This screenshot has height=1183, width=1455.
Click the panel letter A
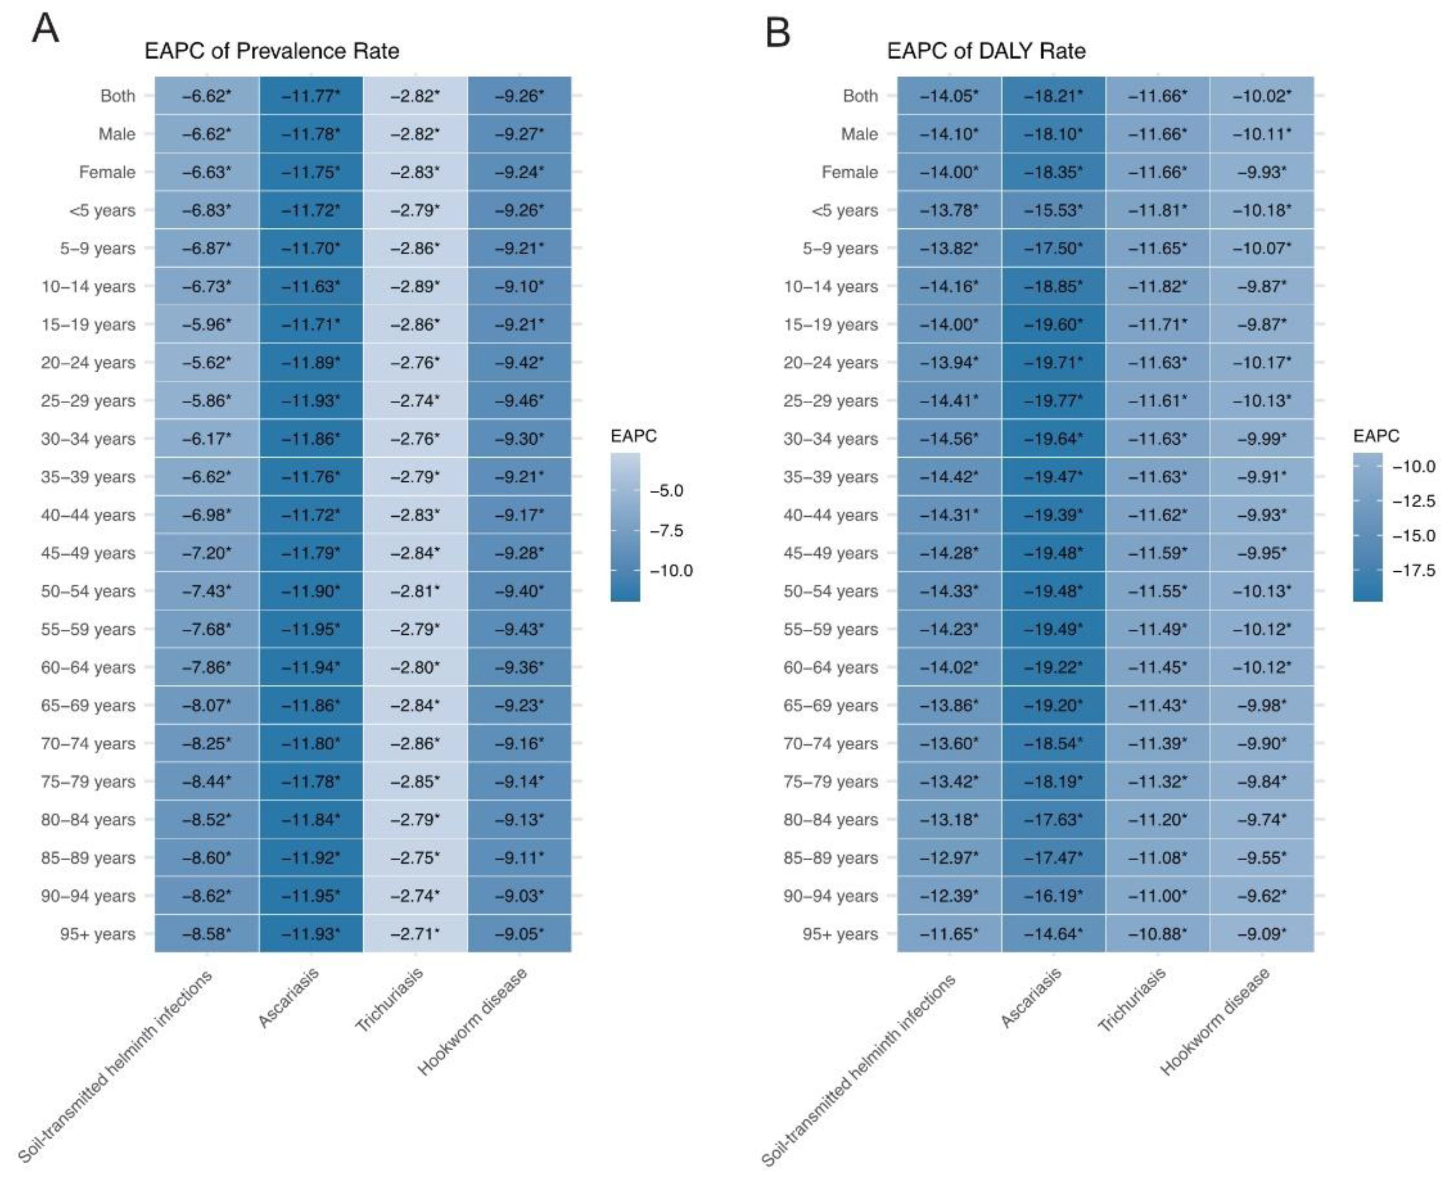coord(45,29)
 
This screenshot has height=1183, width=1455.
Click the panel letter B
coord(777,32)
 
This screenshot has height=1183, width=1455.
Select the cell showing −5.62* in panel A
coord(207,362)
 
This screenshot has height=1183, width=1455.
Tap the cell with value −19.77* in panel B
coord(1053,401)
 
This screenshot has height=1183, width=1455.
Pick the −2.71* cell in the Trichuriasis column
coord(415,934)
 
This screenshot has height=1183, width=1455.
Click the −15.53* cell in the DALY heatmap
coord(1053,210)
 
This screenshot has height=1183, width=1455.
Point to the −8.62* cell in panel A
coord(207,895)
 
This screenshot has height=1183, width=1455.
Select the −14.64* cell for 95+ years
coord(1053,934)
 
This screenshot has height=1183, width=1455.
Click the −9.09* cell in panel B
coord(1262,934)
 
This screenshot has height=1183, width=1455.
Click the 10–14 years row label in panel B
coord(830,286)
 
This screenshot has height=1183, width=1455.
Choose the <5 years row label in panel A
coord(102,210)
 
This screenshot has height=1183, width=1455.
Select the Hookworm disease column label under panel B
coord(1215,1022)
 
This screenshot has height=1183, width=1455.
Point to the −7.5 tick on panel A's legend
coord(666,530)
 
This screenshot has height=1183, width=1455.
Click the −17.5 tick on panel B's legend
coord(1414,570)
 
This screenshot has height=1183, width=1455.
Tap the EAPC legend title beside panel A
coord(633,436)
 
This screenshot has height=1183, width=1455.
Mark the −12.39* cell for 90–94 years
coord(949,895)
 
